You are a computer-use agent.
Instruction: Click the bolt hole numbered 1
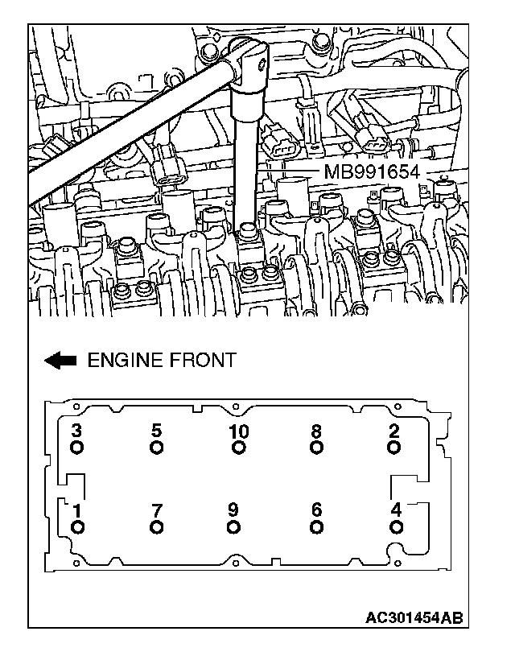(76, 527)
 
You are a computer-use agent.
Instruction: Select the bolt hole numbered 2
(393, 448)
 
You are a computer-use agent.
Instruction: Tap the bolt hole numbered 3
(76, 448)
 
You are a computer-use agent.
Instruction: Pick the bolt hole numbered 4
(395, 527)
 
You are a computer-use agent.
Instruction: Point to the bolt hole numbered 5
(156, 448)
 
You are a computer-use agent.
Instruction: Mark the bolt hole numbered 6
(316, 527)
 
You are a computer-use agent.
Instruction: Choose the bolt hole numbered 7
(156, 527)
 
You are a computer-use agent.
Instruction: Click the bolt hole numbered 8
(316, 448)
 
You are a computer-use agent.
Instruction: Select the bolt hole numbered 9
(233, 527)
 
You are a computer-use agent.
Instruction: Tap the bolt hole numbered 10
(238, 448)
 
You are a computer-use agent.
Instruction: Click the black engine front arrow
(60, 360)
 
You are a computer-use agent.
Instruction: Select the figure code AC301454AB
(414, 617)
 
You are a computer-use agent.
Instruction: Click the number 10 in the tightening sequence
(238, 431)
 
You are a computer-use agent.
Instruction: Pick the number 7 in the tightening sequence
(156, 510)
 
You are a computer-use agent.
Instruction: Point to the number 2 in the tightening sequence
(393, 430)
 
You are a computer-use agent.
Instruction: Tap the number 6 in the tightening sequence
(316, 510)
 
